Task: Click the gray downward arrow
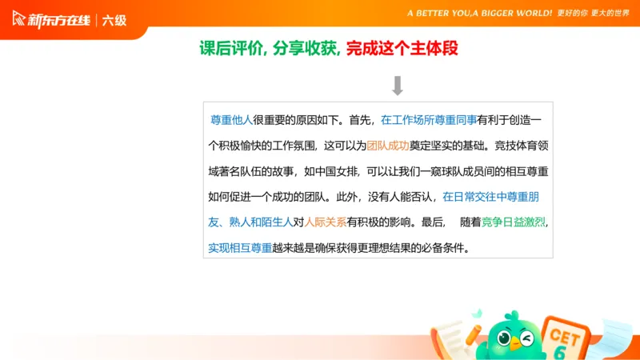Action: (x=397, y=86)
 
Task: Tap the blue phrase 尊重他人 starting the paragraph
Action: (x=230, y=120)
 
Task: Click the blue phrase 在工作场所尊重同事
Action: (x=429, y=120)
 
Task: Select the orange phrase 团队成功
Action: (x=388, y=146)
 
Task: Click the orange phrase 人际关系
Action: (x=326, y=222)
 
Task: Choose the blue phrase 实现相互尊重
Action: (x=240, y=248)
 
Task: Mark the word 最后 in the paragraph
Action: (x=432, y=222)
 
